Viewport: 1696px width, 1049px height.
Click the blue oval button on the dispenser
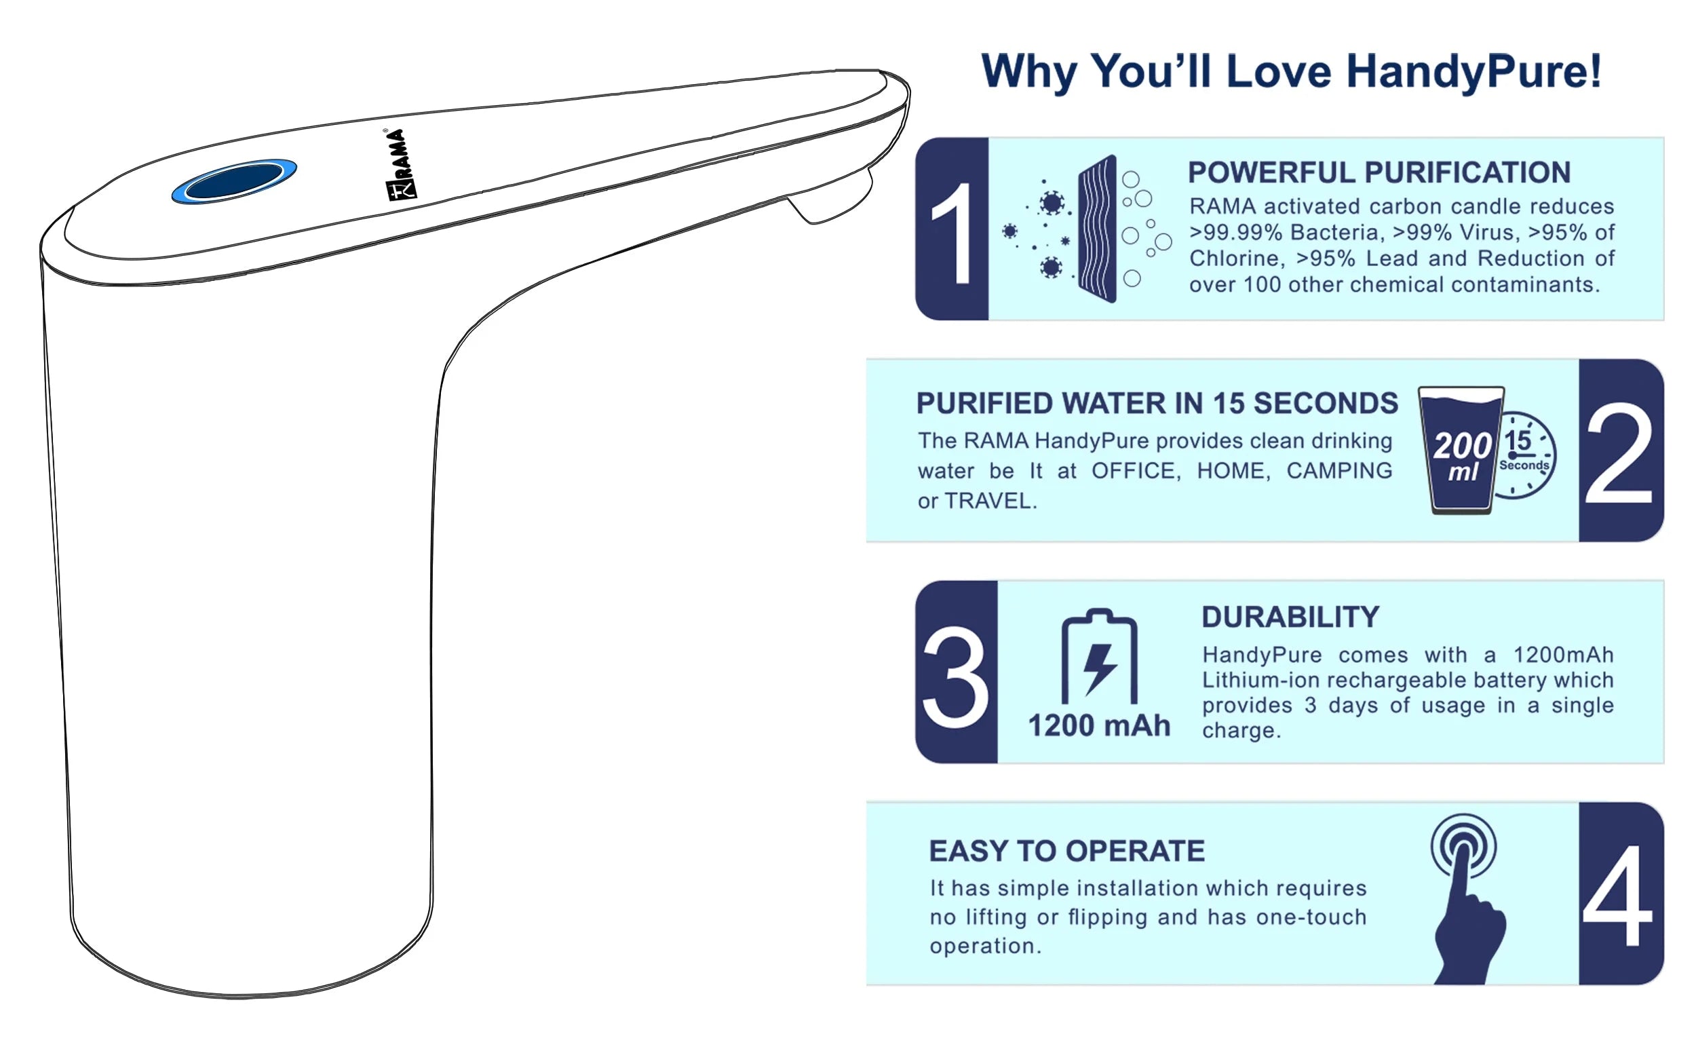click(235, 181)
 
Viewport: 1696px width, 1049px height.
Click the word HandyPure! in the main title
click(1474, 71)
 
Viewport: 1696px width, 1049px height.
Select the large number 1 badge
click(952, 229)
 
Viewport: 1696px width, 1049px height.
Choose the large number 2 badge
click(1621, 451)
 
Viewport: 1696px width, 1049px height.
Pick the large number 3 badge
click(956, 672)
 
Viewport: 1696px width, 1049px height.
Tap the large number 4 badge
click(1621, 894)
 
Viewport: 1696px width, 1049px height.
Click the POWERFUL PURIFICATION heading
click(1379, 173)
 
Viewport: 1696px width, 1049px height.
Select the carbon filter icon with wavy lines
click(1098, 229)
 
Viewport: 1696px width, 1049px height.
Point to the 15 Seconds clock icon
click(1524, 455)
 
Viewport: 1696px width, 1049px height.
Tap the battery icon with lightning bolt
click(1100, 656)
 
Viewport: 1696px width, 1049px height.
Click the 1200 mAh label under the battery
click(1099, 726)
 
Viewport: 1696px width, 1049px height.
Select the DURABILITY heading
click(1290, 617)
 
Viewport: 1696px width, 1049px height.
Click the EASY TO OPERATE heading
click(1067, 852)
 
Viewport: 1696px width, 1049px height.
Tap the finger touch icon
click(1465, 899)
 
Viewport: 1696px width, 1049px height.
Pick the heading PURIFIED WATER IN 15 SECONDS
click(1157, 403)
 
